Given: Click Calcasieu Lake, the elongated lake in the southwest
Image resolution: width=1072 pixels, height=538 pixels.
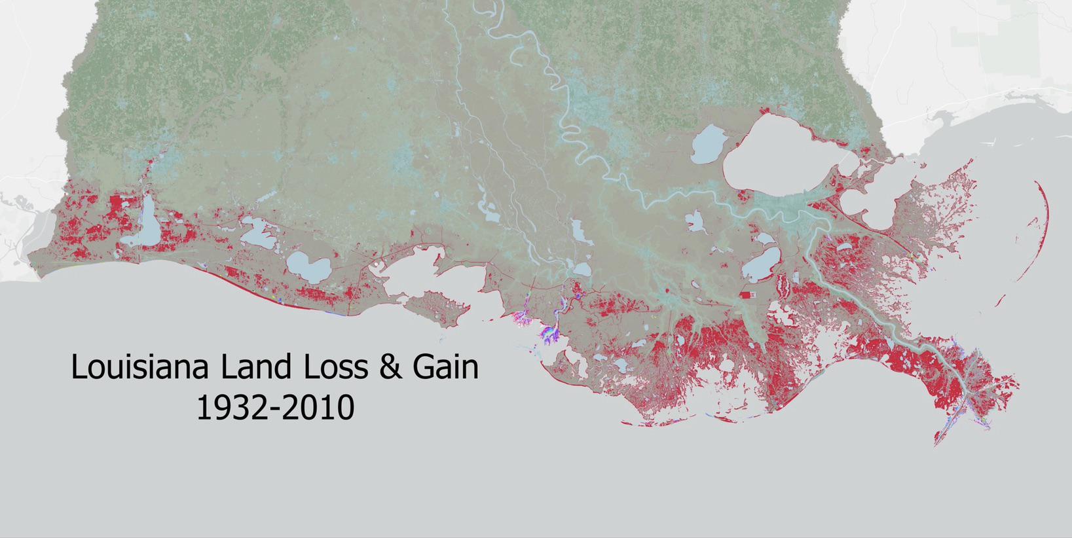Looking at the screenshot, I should tap(149, 223).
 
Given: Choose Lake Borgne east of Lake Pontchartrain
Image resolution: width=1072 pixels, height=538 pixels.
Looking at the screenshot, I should tap(864, 200).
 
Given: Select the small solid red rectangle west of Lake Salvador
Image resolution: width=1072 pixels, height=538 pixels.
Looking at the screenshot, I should tap(746, 295).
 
